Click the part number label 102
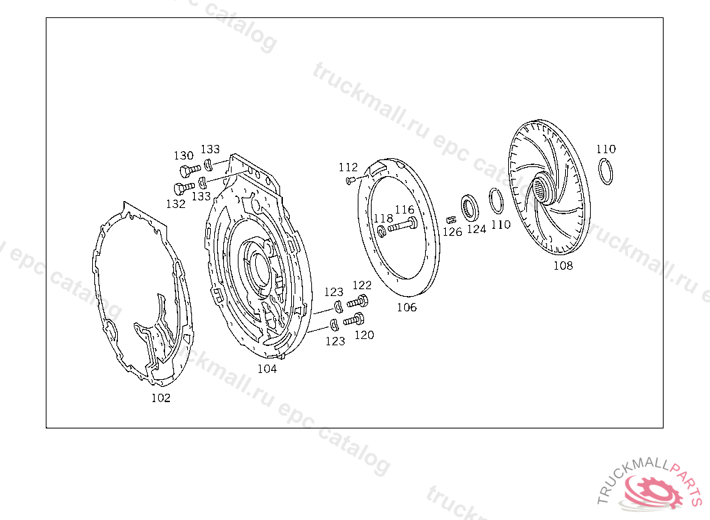pyautogui.click(x=161, y=398)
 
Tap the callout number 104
pyautogui.click(x=267, y=369)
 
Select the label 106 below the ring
pyautogui.click(x=406, y=307)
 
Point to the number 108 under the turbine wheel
pyautogui.click(x=563, y=266)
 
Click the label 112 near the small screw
pyautogui.click(x=348, y=167)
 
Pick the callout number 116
pyautogui.click(x=404, y=209)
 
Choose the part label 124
pyautogui.click(x=476, y=229)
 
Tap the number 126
pyautogui.click(x=452, y=232)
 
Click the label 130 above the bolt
pyautogui.click(x=183, y=155)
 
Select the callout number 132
pyautogui.click(x=175, y=204)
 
